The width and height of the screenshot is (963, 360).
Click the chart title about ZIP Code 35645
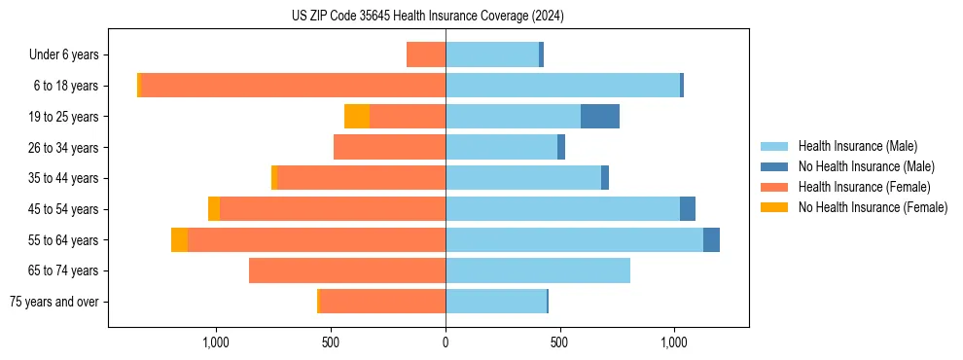click(427, 17)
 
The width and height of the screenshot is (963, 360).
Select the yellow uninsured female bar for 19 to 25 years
click(357, 117)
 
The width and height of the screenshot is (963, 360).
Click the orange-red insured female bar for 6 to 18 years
click(293, 86)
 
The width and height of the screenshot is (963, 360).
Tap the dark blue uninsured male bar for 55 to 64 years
click(711, 239)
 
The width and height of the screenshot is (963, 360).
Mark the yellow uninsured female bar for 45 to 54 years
click(214, 209)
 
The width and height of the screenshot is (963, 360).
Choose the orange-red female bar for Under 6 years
click(426, 54)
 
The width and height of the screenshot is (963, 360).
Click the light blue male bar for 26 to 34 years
click(501, 147)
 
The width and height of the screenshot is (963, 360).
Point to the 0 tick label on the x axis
click(446, 342)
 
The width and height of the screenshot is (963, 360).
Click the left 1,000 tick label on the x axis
click(215, 342)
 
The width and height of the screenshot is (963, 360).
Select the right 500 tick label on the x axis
click(559, 342)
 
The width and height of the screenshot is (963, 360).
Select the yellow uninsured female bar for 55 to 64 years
click(179, 239)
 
